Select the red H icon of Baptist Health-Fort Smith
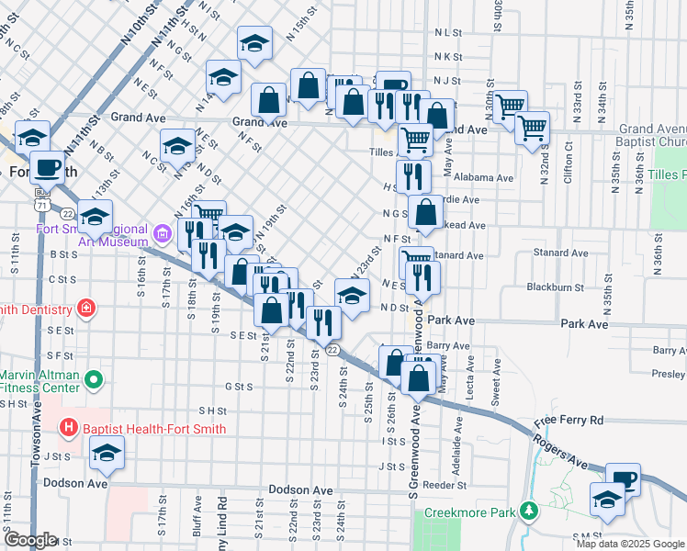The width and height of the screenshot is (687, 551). click(x=67, y=427)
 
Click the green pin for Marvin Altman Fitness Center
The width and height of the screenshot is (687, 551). click(x=93, y=378)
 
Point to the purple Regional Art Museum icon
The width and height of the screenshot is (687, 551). click(x=163, y=236)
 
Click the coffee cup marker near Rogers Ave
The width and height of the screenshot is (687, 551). click(x=625, y=479)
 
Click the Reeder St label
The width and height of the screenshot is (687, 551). click(x=445, y=484)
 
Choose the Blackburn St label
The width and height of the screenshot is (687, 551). click(x=556, y=287)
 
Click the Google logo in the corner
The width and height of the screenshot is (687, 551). click(x=30, y=540)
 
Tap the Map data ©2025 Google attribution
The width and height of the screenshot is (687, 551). click(x=630, y=544)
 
